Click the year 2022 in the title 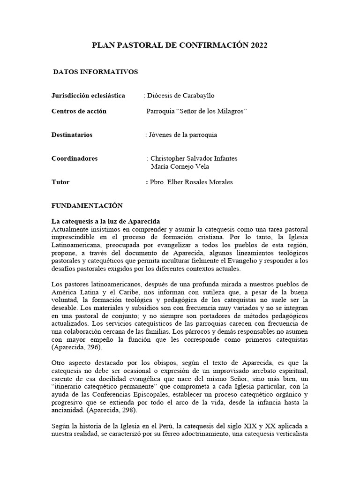tap(259, 45)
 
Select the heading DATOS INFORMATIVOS tap(95, 72)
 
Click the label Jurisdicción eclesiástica tap(88, 96)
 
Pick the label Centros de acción tap(79, 111)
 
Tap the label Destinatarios tap(72, 135)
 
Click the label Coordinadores tap(75, 158)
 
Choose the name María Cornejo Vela tap(180, 166)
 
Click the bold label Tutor tap(60, 182)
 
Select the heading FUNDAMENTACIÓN tap(87, 205)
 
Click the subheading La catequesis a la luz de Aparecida tap(106, 221)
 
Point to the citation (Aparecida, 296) tap(76, 347)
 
